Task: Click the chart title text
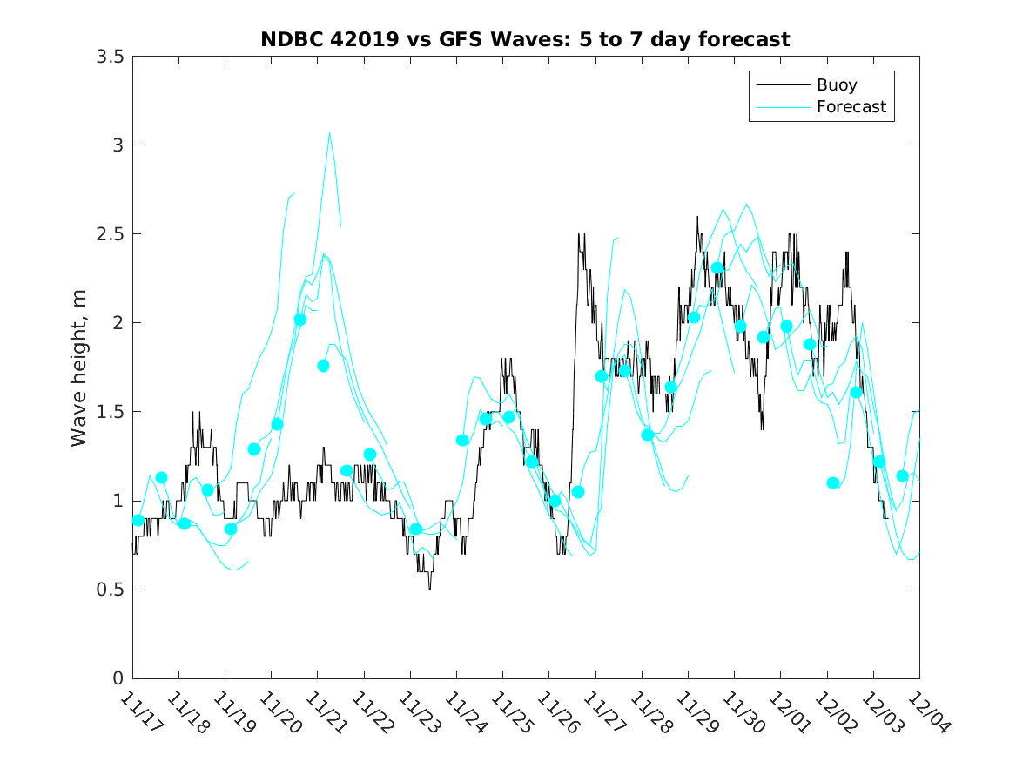(x=525, y=39)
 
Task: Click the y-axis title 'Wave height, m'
(x=79, y=368)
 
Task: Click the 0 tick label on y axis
(x=117, y=678)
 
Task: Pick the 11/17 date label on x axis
(x=141, y=713)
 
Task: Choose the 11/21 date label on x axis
(x=326, y=713)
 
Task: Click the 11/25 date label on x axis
(x=512, y=713)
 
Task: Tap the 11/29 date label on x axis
(x=697, y=713)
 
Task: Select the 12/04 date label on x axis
(x=929, y=713)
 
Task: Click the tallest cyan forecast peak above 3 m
(x=329, y=133)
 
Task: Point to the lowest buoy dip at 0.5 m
(x=429, y=589)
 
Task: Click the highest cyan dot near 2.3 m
(x=717, y=268)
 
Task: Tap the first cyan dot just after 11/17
(x=138, y=520)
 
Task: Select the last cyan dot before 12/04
(x=903, y=475)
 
